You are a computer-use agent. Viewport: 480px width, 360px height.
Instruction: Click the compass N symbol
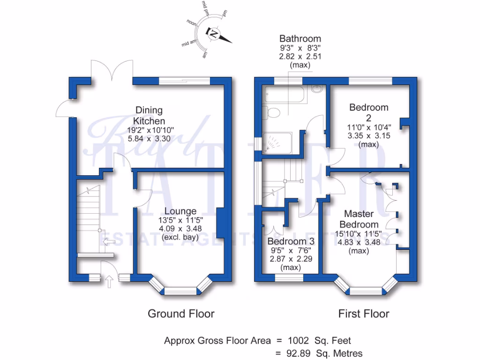tap(214, 33)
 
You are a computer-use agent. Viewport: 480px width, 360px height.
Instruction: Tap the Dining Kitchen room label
tap(149, 116)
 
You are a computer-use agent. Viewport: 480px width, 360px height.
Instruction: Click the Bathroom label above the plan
tap(300, 38)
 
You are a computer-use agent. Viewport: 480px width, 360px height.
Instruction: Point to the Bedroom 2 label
tap(369, 112)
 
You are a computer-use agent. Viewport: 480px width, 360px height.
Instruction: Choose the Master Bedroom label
tap(359, 219)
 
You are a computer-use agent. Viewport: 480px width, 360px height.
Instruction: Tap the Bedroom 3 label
tap(291, 241)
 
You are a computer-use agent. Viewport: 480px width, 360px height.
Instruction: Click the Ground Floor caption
tap(181, 314)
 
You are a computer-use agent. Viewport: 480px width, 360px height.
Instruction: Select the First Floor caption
tap(364, 314)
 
